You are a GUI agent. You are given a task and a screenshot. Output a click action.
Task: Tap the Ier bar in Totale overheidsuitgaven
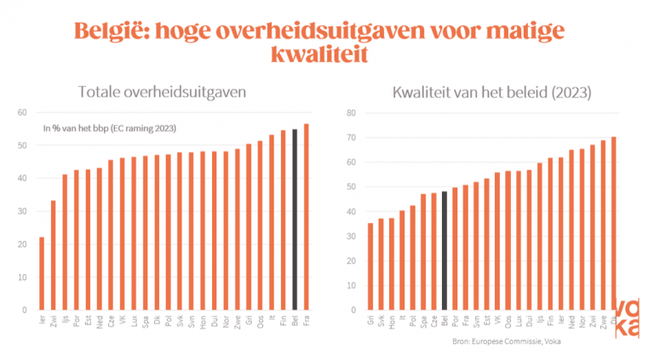point(42,273)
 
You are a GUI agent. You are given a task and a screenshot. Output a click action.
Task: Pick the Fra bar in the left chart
point(306,217)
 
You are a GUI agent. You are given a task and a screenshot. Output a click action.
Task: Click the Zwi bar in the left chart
point(53,255)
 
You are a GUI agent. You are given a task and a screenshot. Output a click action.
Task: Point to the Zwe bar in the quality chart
point(603,225)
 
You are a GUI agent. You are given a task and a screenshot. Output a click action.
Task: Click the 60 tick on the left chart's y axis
point(23,112)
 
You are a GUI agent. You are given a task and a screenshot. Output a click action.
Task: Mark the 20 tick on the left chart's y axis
point(23,244)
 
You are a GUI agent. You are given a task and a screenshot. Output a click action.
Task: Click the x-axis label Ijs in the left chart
point(65,321)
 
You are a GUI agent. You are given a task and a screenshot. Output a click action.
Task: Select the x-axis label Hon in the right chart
point(392,323)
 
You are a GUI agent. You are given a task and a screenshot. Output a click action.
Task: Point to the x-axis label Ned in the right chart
point(571,323)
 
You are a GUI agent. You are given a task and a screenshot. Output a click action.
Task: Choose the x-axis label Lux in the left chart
point(134,321)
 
